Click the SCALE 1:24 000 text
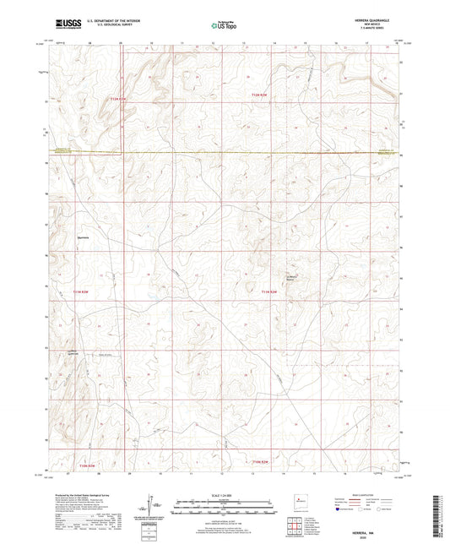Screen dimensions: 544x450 224,493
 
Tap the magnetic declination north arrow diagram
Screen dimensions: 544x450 157,504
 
